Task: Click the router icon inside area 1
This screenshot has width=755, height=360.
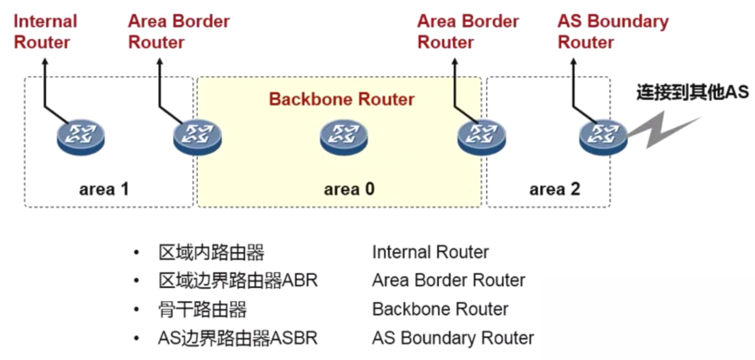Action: tap(81, 136)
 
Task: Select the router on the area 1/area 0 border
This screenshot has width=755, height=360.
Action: tap(197, 136)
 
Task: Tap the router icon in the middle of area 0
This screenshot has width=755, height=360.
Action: tap(344, 136)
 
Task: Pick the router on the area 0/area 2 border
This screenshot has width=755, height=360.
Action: tap(481, 136)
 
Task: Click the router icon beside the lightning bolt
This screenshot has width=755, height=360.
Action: tap(603, 136)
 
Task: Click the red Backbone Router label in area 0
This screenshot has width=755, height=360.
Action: tap(342, 99)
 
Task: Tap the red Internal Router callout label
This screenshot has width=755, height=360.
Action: tap(45, 32)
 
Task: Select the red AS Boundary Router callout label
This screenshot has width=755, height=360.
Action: tap(613, 32)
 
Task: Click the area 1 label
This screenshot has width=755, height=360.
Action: tap(104, 189)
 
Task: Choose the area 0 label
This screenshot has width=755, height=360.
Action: tap(349, 189)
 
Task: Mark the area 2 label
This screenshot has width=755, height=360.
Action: tap(554, 189)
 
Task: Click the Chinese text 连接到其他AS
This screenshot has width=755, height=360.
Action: tap(692, 92)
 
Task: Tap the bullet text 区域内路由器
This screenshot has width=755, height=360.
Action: tap(211, 253)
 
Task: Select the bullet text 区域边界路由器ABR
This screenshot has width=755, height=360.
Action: tap(238, 281)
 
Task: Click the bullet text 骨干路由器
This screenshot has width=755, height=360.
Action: tap(203, 310)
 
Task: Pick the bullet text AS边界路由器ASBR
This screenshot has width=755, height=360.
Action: tap(238, 338)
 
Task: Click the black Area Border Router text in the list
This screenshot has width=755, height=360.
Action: tap(448, 281)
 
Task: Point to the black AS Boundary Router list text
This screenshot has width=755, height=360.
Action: tap(453, 338)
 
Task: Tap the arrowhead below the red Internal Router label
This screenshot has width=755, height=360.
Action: tap(45, 62)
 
